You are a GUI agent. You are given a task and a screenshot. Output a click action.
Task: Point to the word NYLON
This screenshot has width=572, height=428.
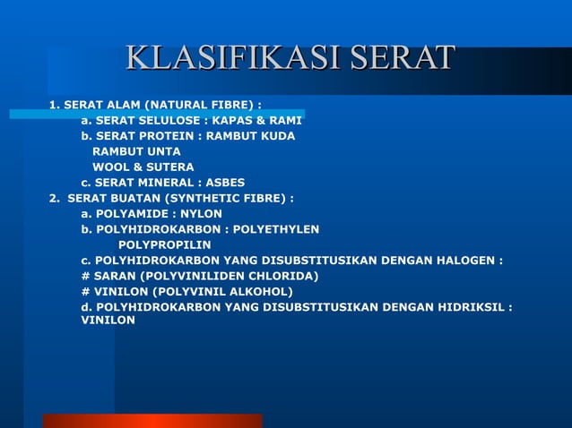202,213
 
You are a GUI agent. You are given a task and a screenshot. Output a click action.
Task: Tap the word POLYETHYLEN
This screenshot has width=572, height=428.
275,229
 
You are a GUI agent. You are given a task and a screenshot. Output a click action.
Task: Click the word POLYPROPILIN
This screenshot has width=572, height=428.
165,244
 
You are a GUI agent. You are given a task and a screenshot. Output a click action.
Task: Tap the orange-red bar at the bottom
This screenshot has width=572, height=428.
152,421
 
